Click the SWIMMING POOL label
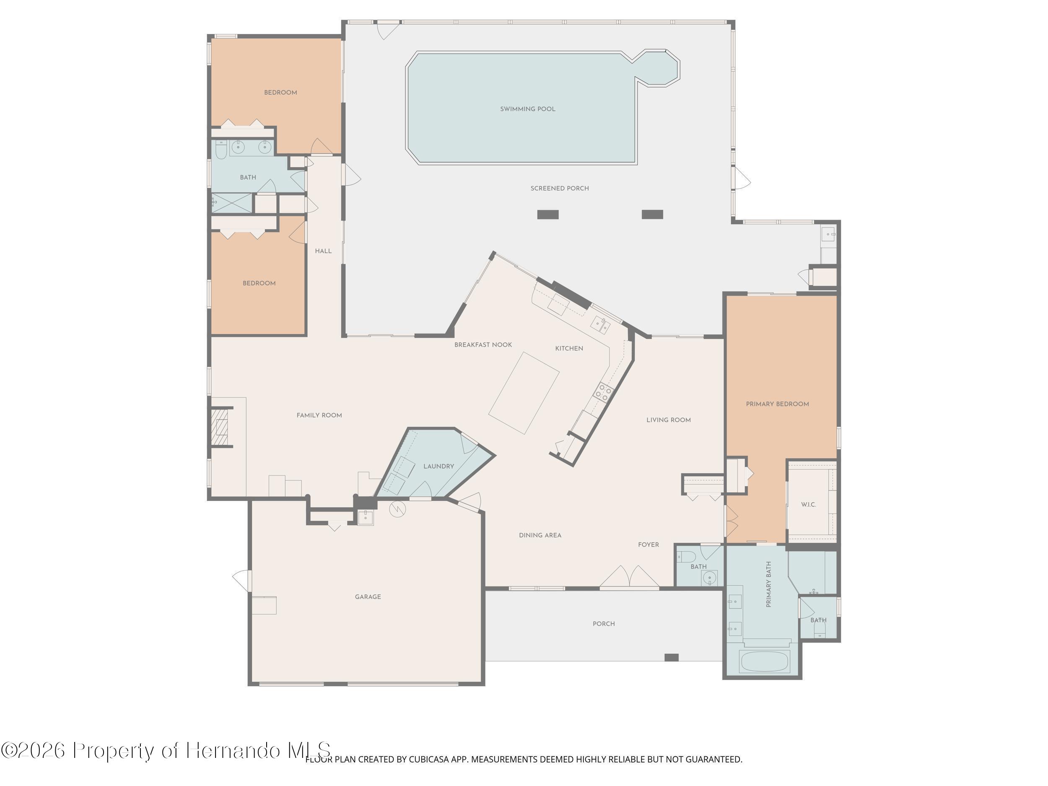[x=527, y=109]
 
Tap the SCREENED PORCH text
[x=560, y=188]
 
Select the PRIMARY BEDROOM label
[x=777, y=404]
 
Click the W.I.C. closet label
[x=808, y=505]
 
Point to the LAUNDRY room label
[x=438, y=466]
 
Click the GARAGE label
[x=368, y=597]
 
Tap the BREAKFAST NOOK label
[x=483, y=345]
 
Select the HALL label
[x=323, y=251]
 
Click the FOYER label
[x=648, y=545]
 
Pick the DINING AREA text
[x=540, y=535]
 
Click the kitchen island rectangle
[x=524, y=393]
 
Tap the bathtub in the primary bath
[x=764, y=661]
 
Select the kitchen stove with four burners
[x=604, y=392]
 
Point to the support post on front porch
[x=671, y=658]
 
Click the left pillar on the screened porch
[x=548, y=215]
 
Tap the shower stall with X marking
[x=232, y=203]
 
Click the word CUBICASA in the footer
[x=428, y=760]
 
